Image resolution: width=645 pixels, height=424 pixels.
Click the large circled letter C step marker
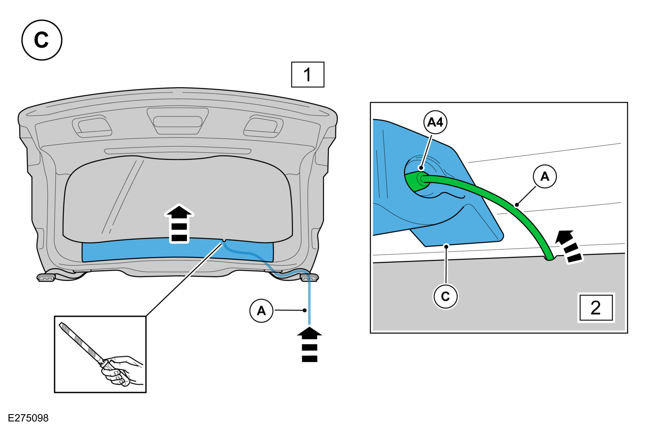(42, 40)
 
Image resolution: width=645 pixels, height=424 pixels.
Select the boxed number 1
(308, 75)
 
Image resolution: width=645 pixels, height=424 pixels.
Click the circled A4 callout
(435, 122)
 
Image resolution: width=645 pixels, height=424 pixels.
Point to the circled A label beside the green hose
(545, 176)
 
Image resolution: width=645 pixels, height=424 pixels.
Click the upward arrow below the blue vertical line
(309, 344)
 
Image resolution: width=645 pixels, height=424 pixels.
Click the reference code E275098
(28, 418)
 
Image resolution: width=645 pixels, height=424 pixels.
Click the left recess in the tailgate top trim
(92, 126)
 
